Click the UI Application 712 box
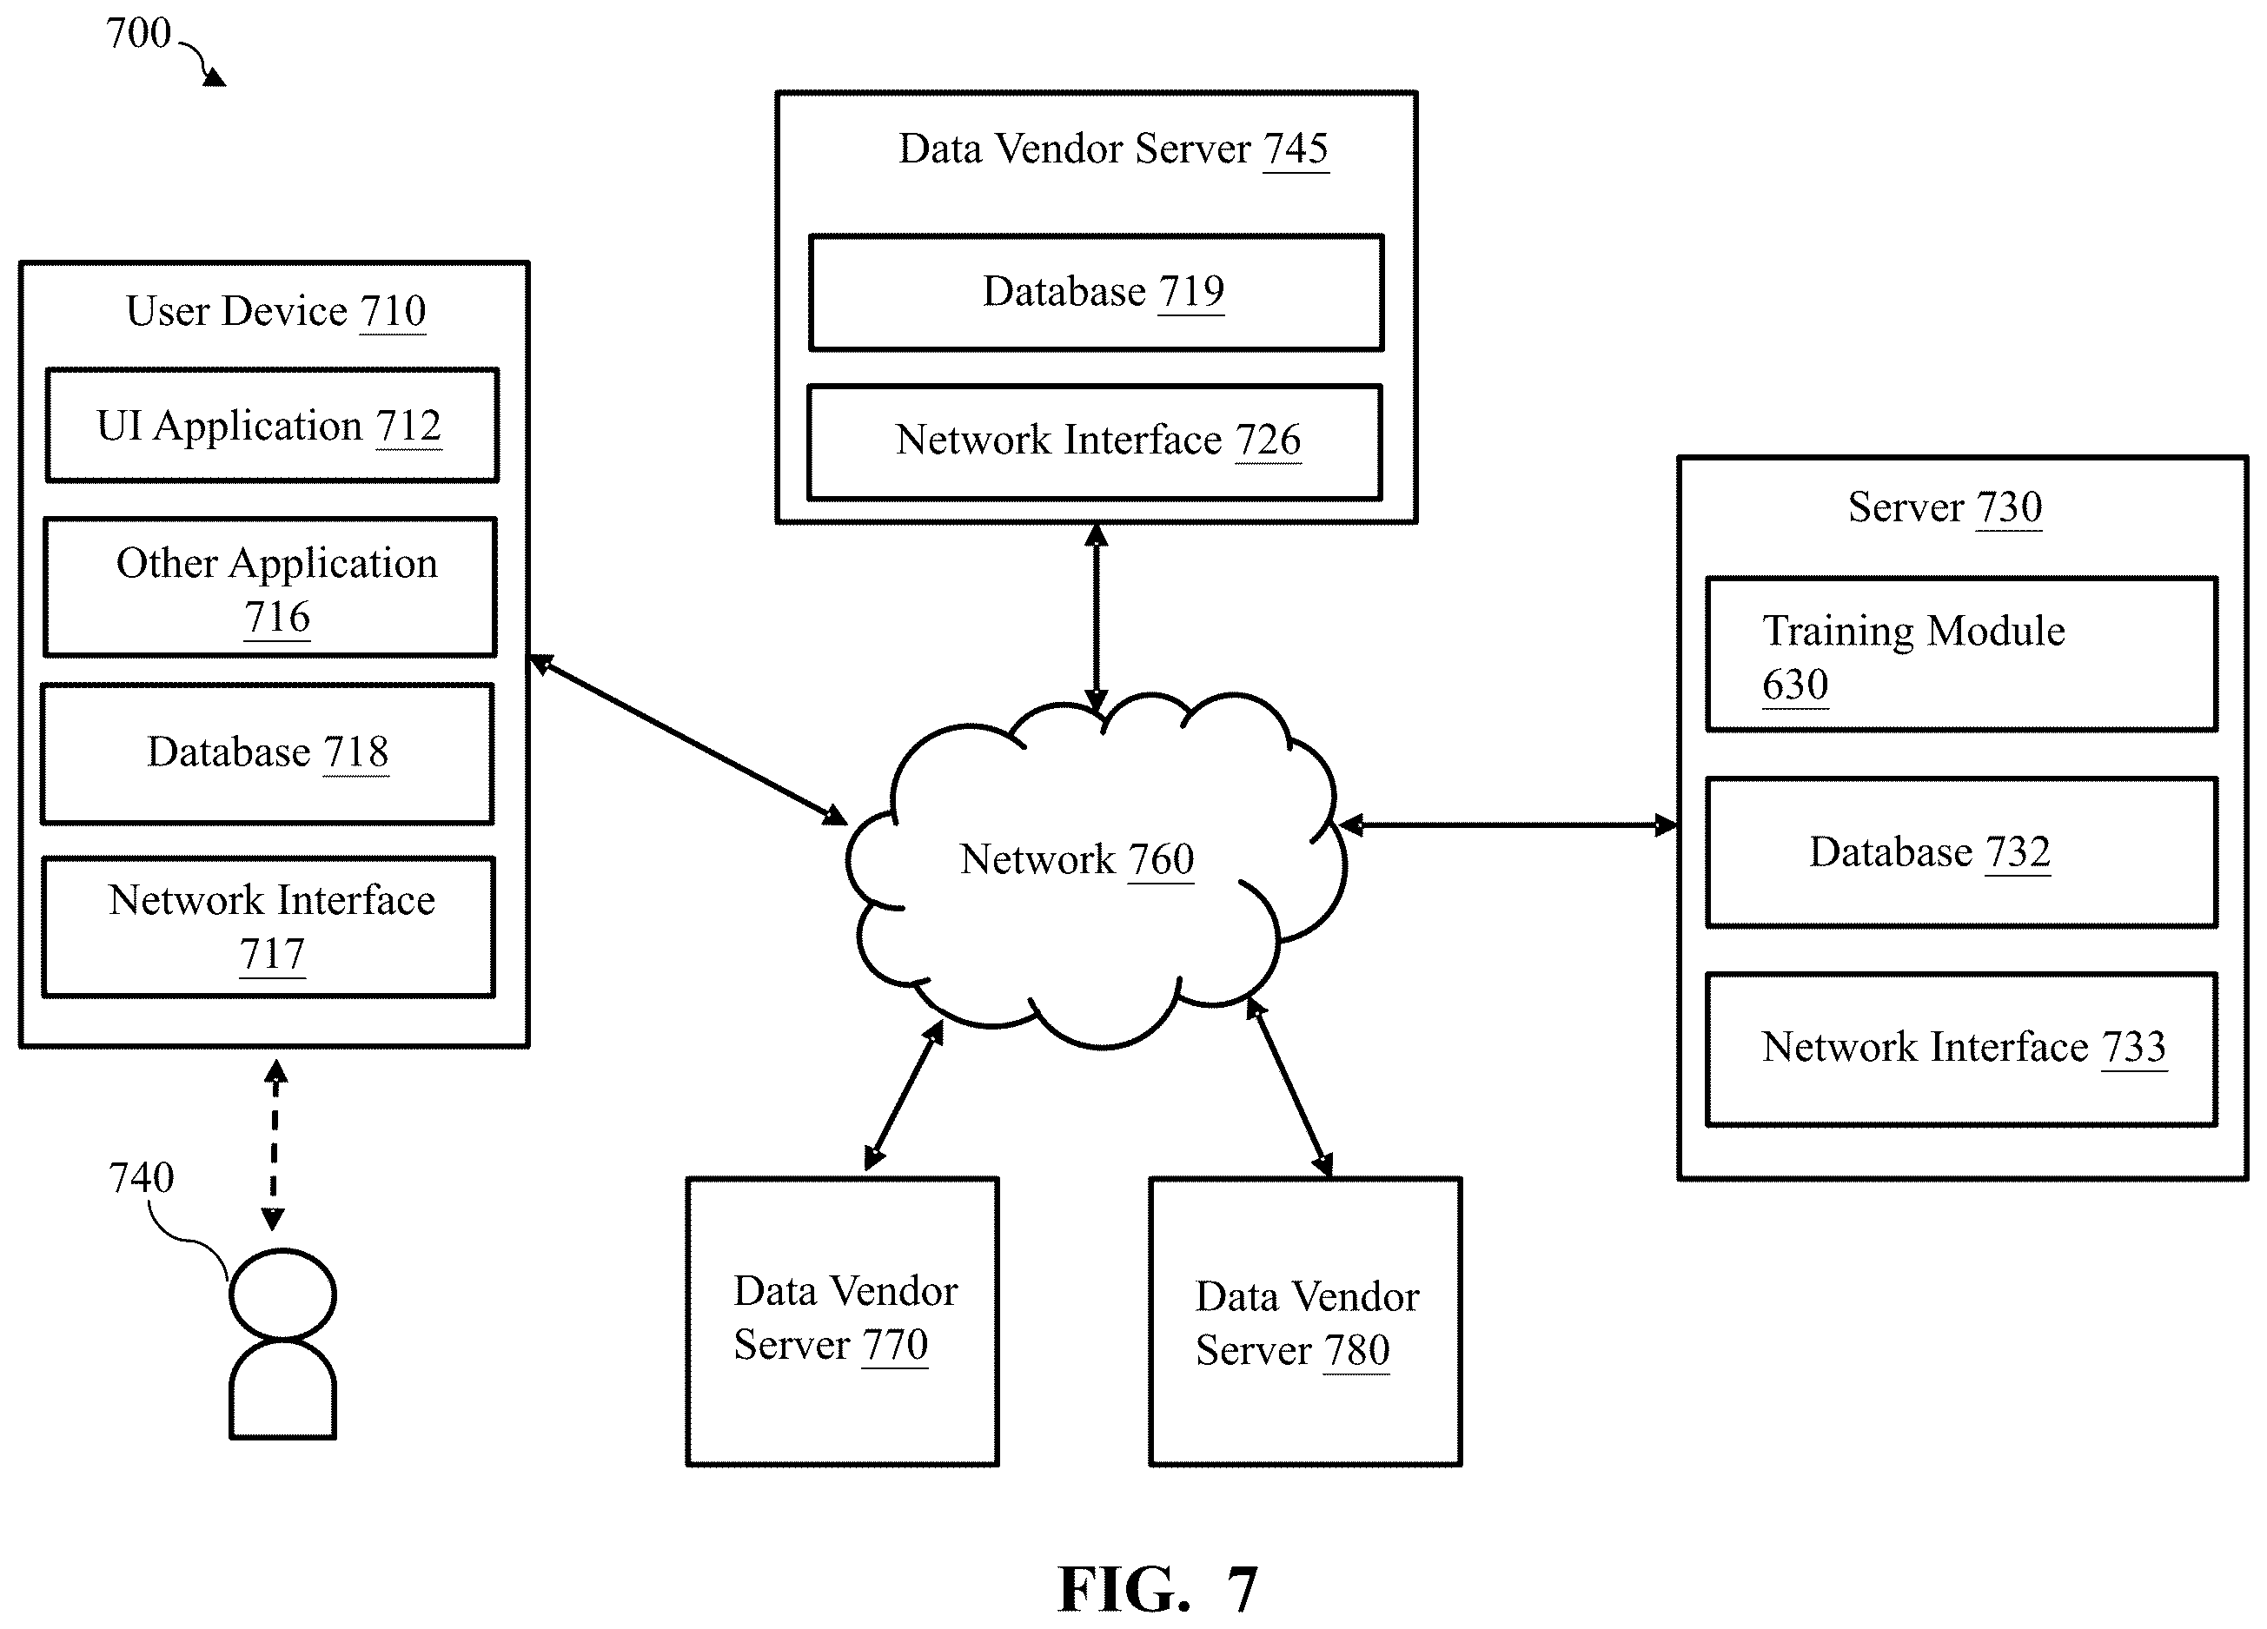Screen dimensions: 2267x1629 pyautogui.click(x=272, y=425)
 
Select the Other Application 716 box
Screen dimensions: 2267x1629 pyautogui.click(x=271, y=586)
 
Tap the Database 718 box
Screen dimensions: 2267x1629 pyautogui.click(x=268, y=753)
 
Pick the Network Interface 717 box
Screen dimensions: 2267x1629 pyautogui.click(x=268, y=926)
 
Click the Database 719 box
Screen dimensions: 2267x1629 pyautogui.click(x=1097, y=293)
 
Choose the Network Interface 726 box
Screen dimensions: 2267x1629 pyautogui.click(x=1096, y=441)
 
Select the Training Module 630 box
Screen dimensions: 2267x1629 pyautogui.click(x=1962, y=654)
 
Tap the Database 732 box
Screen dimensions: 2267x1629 pyautogui.click(x=1962, y=852)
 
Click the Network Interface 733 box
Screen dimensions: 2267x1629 pyautogui.click(x=1962, y=1050)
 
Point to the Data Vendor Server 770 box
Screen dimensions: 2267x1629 pyautogui.click(x=843, y=1321)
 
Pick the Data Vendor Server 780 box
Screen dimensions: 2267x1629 pyautogui.click(x=1305, y=1321)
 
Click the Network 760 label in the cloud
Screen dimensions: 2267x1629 pyautogui.click(x=1077, y=859)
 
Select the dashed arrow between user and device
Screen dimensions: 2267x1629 pyautogui.click(x=275, y=1145)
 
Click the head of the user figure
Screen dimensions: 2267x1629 pyautogui.click(x=283, y=1295)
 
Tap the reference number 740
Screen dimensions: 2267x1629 pyautogui.click(x=141, y=1177)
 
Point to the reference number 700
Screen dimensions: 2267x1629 pyautogui.click(x=139, y=33)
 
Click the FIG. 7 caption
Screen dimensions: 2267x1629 pyautogui.click(x=1157, y=1589)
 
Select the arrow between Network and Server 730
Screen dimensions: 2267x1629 pyautogui.click(x=1508, y=825)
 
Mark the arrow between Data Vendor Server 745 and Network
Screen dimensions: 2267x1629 pyautogui.click(x=1097, y=619)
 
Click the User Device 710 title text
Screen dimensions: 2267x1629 pyautogui.click(x=275, y=311)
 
